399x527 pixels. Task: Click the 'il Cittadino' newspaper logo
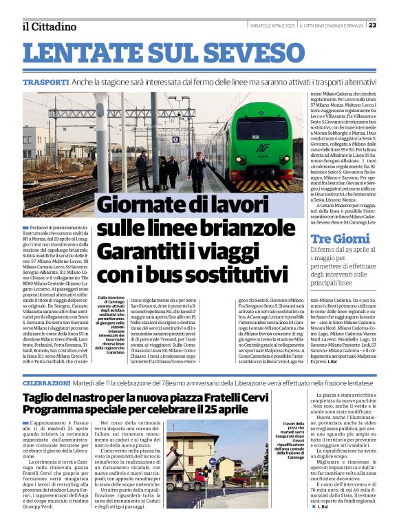(x=48, y=26)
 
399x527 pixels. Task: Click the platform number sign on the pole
(x=175, y=139)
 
